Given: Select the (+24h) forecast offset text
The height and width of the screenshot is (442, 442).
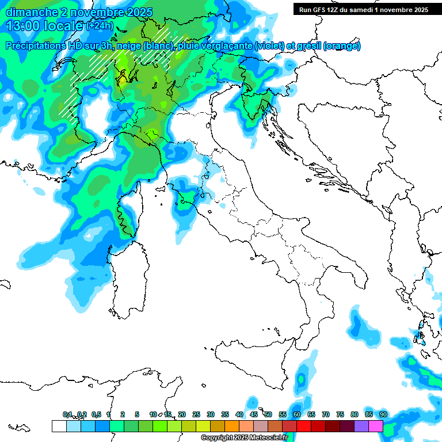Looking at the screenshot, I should pos(100,26).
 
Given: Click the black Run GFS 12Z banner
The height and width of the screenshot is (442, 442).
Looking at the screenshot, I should pos(363,10).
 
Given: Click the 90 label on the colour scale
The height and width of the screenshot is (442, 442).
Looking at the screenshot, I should pos(383,415).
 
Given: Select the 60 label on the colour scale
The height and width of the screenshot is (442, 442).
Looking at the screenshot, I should pos(297,415).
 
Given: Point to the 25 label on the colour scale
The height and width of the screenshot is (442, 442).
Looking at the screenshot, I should pos(196,415).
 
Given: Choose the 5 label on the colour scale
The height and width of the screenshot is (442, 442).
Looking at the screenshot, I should pos(137,415).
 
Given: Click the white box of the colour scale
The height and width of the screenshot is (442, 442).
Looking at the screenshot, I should pos(59,426).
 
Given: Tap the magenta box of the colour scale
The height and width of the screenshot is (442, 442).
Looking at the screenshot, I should pos(376,426).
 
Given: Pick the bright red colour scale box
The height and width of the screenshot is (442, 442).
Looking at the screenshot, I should pos(303,426).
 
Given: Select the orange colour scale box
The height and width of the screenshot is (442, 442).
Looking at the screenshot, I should pos(231,426).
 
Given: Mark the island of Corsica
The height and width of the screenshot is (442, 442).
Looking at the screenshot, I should pos(128,210).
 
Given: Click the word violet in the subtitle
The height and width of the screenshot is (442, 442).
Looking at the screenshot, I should pos(269,46).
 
